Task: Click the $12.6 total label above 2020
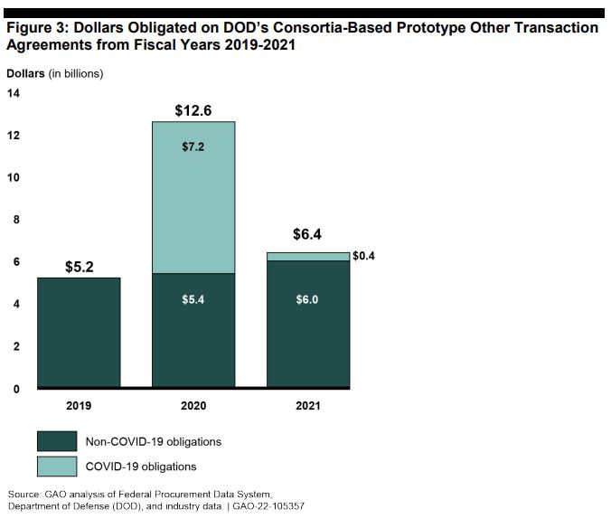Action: tap(193, 111)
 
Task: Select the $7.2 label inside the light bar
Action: tap(193, 146)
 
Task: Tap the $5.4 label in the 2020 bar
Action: tap(193, 299)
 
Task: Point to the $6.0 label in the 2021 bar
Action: tap(307, 299)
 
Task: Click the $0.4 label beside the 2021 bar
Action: tap(363, 256)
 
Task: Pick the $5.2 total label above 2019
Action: tap(80, 267)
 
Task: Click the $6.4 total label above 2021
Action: tap(307, 235)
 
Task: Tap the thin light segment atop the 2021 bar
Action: tap(307, 257)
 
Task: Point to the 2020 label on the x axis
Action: tap(193, 406)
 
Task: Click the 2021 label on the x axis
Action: tap(307, 406)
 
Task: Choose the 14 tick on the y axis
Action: tap(15, 92)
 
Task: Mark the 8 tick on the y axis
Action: tap(15, 220)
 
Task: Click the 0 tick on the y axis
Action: tap(15, 389)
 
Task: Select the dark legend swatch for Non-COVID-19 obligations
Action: tap(57, 441)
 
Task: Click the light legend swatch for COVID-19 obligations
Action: tap(57, 467)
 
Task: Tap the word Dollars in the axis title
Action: tap(26, 73)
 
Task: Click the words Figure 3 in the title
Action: tap(35, 28)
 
